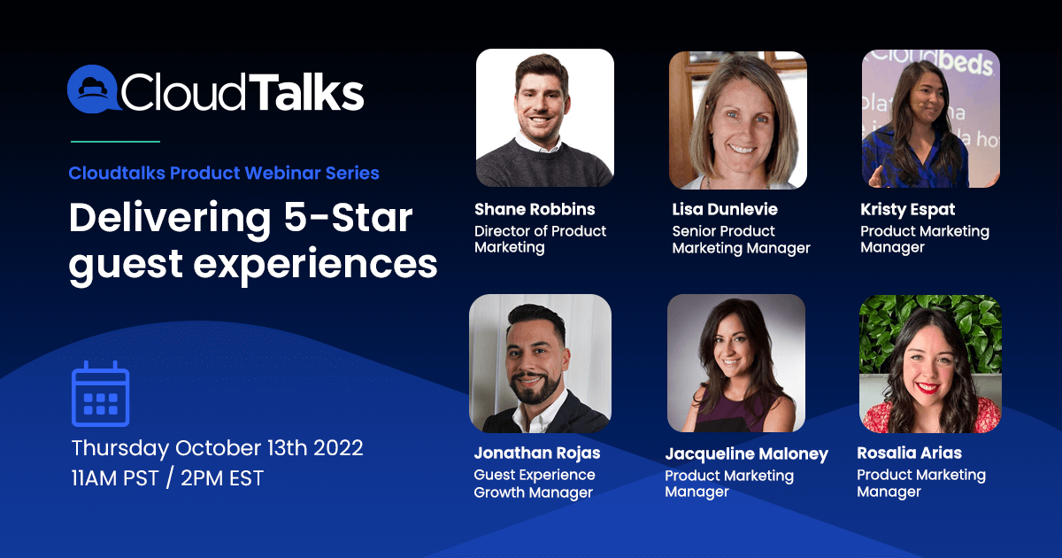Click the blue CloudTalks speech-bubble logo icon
tap(93, 89)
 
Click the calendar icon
tap(101, 394)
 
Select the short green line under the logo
tap(115, 142)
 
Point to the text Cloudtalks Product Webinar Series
tap(224, 174)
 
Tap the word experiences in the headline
tap(315, 266)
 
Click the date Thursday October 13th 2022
tap(217, 448)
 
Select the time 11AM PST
tap(115, 478)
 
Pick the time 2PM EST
tap(222, 478)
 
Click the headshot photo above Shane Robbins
tap(545, 118)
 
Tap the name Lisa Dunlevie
tap(725, 209)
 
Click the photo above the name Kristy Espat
tap(931, 119)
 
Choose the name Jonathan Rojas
tap(537, 453)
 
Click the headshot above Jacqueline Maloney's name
tap(735, 363)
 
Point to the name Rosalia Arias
tap(910, 453)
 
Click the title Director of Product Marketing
tap(541, 239)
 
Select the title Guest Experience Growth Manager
tap(535, 484)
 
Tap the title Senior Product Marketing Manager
tap(741, 240)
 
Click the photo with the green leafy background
tap(930, 364)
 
